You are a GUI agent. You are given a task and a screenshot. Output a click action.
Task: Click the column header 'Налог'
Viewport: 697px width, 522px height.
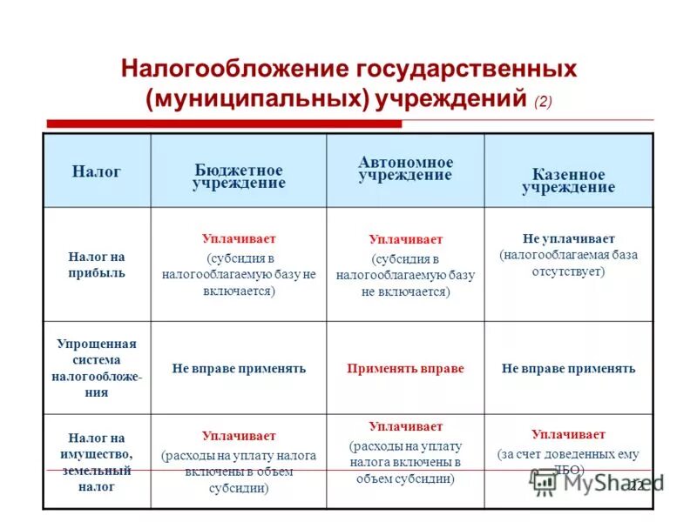click(96, 172)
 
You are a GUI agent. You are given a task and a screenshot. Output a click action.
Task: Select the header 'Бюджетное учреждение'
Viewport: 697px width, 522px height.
click(239, 177)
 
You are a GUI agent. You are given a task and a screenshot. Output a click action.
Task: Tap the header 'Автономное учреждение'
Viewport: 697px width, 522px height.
click(405, 169)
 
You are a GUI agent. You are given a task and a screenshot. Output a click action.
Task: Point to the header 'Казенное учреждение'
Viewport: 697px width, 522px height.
click(568, 180)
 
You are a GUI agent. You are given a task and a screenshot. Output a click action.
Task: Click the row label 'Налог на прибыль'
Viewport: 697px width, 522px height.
click(97, 264)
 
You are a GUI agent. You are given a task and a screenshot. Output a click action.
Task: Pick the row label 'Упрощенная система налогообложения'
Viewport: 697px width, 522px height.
click(97, 368)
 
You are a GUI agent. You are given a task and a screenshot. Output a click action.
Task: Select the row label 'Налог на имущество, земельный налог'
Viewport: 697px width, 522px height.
click(97, 462)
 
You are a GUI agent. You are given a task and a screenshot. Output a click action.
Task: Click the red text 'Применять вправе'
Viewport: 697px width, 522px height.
click(405, 369)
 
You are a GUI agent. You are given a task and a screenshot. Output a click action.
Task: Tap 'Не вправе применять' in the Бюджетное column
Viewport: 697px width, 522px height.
click(239, 369)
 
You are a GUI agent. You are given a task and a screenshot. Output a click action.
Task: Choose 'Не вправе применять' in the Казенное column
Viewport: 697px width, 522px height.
click(568, 369)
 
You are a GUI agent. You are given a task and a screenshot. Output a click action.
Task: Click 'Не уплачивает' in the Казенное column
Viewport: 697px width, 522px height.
click(568, 238)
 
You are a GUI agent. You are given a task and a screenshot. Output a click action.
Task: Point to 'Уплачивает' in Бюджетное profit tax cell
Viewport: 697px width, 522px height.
click(239, 238)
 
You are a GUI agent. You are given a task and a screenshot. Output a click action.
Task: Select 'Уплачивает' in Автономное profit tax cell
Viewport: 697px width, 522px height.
click(405, 239)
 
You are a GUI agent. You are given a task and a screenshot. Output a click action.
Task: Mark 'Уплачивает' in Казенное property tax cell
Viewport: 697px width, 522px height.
click(568, 434)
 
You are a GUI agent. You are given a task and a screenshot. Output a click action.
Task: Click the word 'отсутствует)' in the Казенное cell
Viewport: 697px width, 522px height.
click(568, 271)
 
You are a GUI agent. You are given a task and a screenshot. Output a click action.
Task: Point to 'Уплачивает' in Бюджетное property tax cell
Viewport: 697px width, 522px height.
click(239, 436)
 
